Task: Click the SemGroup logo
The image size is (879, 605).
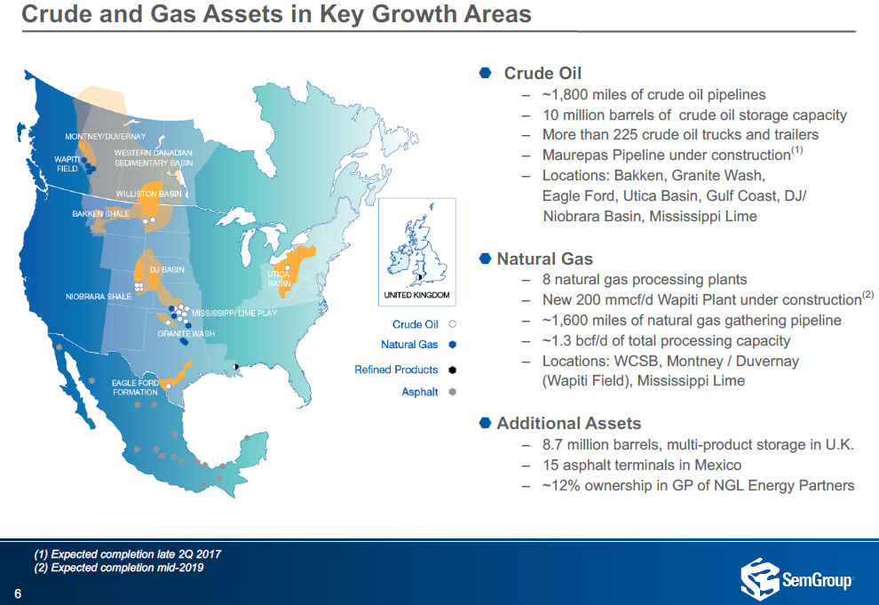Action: coord(796,578)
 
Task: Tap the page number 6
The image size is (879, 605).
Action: coord(18,593)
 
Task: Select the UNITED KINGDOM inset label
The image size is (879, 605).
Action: coord(416,295)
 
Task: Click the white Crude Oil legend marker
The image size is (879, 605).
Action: coord(453,324)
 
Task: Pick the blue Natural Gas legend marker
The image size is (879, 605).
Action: coord(453,345)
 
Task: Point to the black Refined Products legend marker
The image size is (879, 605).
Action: coord(453,370)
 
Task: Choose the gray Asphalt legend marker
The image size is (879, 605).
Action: coord(453,392)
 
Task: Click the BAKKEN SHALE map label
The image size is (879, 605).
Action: coord(101,213)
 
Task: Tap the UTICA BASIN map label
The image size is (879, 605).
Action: coord(279,279)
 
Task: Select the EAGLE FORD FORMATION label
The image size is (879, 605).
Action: coord(135,387)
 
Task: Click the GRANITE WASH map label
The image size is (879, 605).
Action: coord(186,334)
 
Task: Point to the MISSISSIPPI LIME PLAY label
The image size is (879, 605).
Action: coord(234,313)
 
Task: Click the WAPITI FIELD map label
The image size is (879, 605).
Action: coord(67,163)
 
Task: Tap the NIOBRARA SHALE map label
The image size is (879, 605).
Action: coord(98,296)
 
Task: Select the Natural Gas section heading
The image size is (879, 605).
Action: coord(544,259)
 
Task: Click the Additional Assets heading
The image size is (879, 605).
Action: coord(568,423)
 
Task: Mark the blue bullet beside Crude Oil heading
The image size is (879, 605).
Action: coord(486,73)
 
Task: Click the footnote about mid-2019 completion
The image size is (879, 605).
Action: coord(119,568)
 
